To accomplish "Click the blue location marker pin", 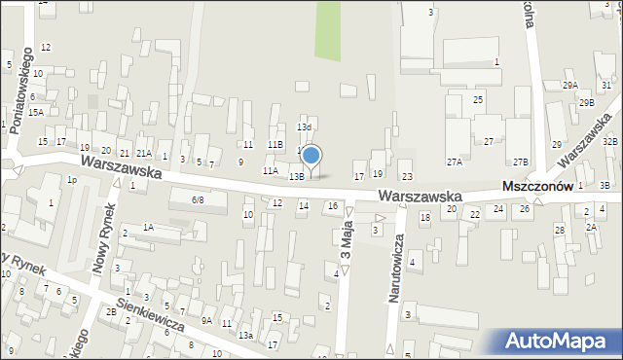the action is [x=311, y=157].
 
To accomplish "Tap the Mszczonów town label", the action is [x=536, y=186].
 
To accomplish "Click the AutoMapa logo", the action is [x=561, y=342].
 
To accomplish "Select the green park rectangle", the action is [x=328, y=29].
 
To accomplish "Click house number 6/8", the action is [x=197, y=199].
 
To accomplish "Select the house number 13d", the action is [x=304, y=126].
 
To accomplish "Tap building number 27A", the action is [x=454, y=162].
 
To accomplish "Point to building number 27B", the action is [x=521, y=162].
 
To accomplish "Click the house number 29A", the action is [x=569, y=86].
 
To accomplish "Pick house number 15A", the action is [x=35, y=113].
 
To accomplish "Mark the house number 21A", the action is [x=143, y=154].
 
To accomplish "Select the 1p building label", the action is [x=71, y=180].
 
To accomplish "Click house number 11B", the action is [x=275, y=145].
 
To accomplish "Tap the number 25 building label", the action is [x=478, y=100].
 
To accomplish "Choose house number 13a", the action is [x=246, y=335].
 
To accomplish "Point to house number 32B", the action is [x=609, y=142].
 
